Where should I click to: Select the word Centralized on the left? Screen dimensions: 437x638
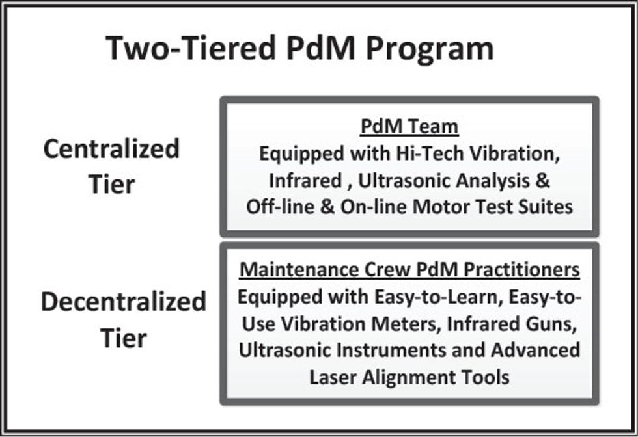click(x=111, y=150)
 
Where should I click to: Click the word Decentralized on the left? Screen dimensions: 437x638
click(x=123, y=302)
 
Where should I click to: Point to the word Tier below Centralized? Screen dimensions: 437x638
click(x=111, y=185)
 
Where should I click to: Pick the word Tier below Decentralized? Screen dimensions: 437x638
click(x=123, y=338)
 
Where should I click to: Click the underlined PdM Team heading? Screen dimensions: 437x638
click(x=409, y=127)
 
